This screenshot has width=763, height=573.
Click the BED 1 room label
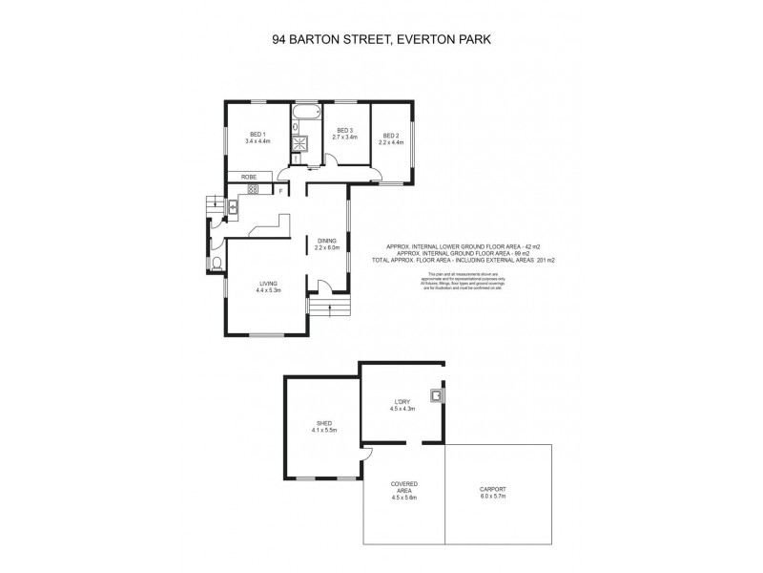258,135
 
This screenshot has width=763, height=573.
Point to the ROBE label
249,177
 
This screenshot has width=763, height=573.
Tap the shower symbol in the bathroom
305,144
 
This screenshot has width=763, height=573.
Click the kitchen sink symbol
231,203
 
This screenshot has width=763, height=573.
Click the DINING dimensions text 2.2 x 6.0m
327,248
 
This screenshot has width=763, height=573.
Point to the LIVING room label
269,283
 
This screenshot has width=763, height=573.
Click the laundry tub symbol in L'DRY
436,393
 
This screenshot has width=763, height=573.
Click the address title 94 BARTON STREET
327,40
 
